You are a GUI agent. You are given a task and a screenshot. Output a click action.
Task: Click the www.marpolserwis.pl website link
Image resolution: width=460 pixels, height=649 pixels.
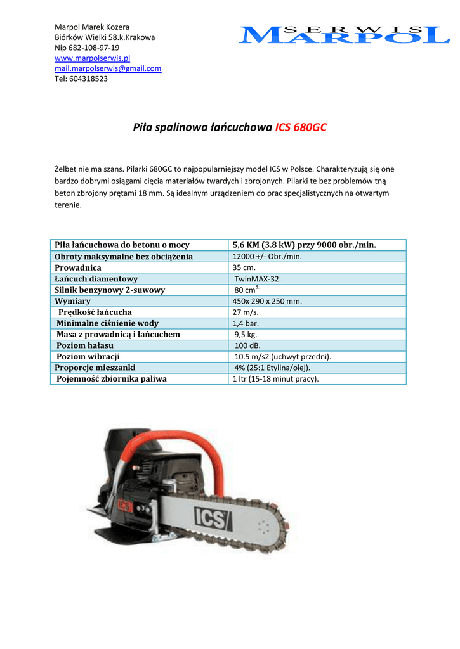click(x=93, y=58)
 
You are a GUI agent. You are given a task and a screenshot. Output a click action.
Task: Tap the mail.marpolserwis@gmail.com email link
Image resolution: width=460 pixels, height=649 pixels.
click(x=108, y=68)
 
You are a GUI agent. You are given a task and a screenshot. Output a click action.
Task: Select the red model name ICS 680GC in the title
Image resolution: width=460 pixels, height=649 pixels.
click(x=301, y=127)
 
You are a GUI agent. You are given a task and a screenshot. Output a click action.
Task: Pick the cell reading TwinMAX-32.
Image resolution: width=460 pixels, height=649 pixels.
click(x=258, y=279)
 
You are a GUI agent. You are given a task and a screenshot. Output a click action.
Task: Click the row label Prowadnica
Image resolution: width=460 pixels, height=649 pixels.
click(x=78, y=267)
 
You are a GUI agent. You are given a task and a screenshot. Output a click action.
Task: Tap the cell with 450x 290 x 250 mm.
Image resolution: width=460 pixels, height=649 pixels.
click(x=267, y=301)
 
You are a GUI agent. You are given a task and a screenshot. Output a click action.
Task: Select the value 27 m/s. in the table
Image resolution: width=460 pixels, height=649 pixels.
click(x=246, y=312)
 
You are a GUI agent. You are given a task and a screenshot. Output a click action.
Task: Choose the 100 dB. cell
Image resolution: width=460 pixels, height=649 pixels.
click(x=248, y=345)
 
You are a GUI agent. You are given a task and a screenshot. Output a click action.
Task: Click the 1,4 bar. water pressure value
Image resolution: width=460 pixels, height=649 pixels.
click(x=247, y=323)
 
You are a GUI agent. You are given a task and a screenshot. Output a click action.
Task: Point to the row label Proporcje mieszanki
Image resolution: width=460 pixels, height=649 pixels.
click(x=95, y=368)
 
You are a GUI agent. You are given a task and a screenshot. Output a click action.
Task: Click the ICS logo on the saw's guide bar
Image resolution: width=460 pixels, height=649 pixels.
click(x=211, y=518)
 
